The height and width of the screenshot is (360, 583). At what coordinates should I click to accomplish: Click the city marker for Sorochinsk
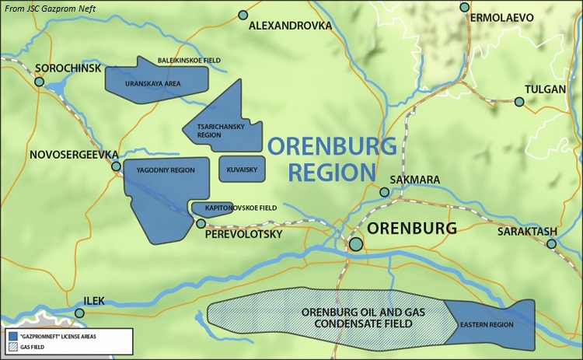point(39,81)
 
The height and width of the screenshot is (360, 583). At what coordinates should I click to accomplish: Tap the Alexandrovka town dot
point(243,15)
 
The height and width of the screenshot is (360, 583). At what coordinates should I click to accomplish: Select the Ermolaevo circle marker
point(465,7)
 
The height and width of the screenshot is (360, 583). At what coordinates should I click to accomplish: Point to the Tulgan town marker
point(519,102)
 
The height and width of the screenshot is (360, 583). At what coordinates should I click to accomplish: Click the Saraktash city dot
point(551,244)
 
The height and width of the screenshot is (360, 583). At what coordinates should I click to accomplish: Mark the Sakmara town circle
point(384,192)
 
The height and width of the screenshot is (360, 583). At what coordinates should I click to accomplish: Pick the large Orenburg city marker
point(355,244)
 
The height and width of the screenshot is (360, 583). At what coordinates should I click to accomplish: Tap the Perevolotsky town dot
point(201,223)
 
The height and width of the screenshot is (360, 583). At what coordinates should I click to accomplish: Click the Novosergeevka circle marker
point(116,166)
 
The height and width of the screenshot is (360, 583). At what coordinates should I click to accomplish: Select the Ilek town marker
point(79,313)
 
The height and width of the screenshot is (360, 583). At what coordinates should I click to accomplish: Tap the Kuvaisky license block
point(243,169)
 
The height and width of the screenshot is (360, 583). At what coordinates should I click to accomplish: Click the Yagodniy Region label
point(166,170)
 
